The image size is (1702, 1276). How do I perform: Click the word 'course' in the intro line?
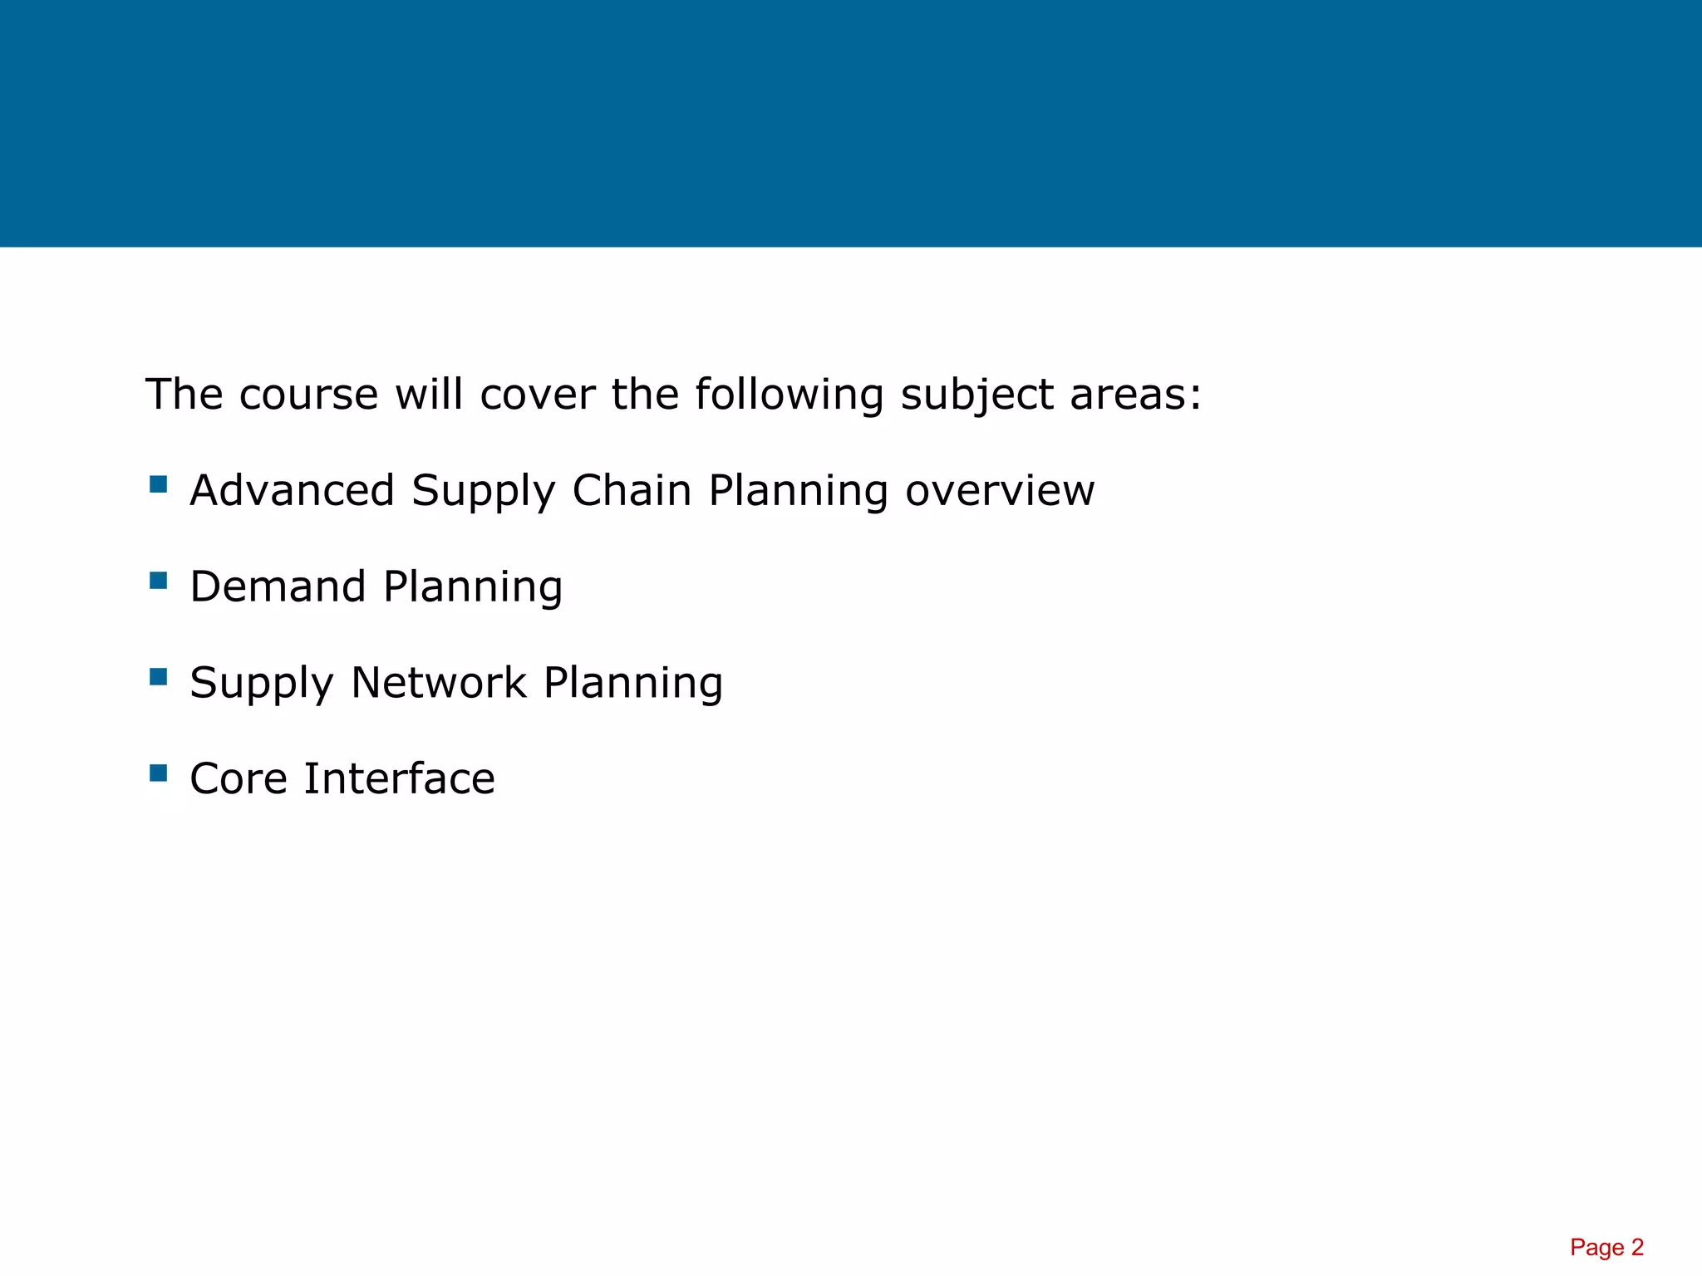tap(308, 395)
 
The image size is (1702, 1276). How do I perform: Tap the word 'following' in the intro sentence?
tap(789, 395)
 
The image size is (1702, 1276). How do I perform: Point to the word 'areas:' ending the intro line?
tap(1135, 395)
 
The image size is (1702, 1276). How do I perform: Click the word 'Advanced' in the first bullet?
tap(292, 490)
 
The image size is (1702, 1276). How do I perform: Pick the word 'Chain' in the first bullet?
tap(632, 490)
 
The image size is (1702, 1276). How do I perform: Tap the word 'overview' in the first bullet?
tap(1000, 490)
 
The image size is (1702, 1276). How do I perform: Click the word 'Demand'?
tap(278, 586)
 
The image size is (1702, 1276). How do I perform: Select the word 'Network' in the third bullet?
tap(439, 683)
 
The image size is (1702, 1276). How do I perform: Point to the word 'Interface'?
tap(399, 779)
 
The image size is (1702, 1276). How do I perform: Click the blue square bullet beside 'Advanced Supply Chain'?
tap(159, 484)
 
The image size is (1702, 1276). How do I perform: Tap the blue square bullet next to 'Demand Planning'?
tap(159, 580)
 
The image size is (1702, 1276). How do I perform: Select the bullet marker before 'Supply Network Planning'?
tap(159, 677)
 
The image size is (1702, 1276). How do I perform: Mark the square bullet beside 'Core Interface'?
tap(159, 773)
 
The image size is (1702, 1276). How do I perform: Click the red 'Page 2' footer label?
tap(1606, 1247)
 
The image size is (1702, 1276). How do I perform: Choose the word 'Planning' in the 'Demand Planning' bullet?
tap(473, 588)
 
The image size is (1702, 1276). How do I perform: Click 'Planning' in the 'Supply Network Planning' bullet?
tap(633, 685)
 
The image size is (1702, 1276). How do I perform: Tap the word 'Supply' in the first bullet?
tap(484, 492)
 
